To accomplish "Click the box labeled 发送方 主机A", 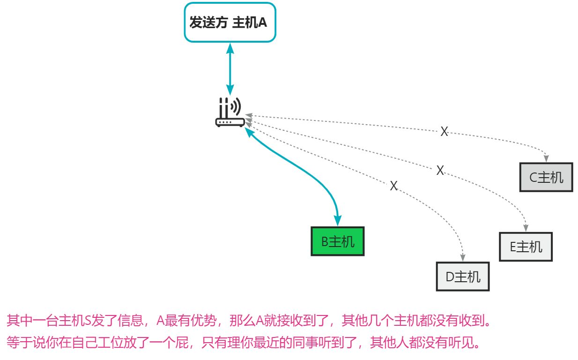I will coord(230,22).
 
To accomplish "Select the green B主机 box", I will coord(337,241).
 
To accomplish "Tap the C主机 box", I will coord(546,177).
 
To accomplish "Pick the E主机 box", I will coord(526,247).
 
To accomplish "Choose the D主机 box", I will coord(463,277).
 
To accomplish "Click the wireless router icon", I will coord(230,112).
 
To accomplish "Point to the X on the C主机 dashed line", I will coord(444,132).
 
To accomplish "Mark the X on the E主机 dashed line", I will coord(440,171).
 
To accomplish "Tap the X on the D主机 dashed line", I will coord(393,186).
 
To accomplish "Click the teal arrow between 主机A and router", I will coord(230,68).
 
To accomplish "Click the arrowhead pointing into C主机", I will coord(546,159).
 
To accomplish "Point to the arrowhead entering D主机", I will coord(463,258).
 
